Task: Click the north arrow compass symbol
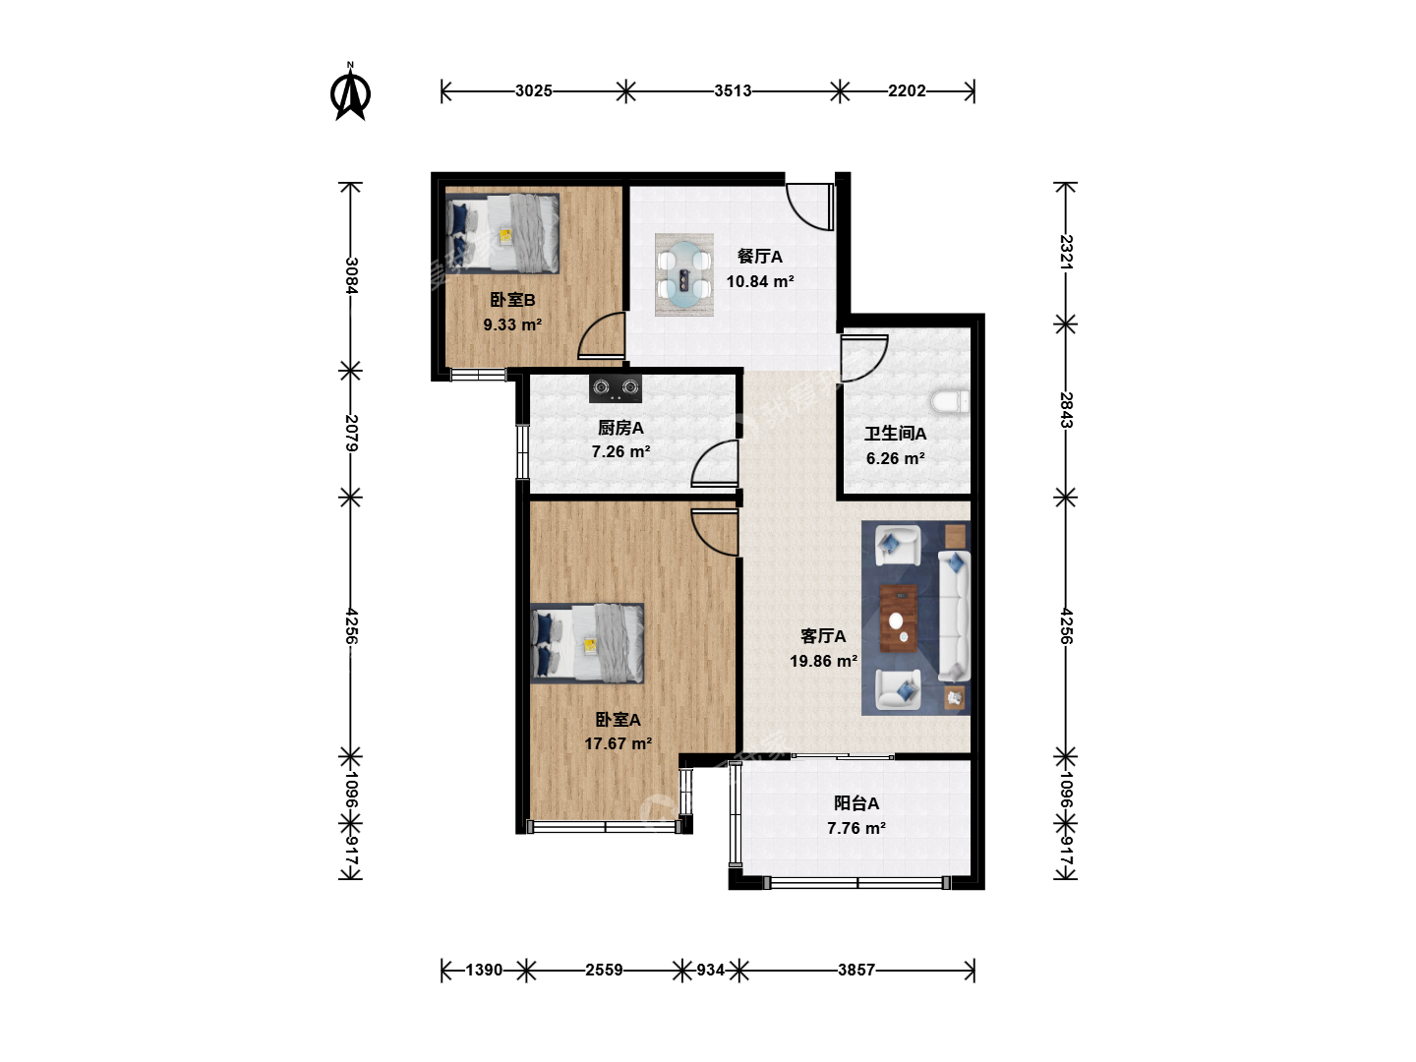350,91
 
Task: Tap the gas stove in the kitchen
615,386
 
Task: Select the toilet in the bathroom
950,401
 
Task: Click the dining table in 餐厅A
683,274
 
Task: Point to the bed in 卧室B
502,233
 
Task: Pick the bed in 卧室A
587,643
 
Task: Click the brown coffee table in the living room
899,619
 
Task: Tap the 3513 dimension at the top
733,90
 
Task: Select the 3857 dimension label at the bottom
856,970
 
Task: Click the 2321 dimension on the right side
1066,252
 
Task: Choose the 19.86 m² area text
823,661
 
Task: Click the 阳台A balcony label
856,802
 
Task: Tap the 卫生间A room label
895,434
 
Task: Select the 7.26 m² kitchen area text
620,451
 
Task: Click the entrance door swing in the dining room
809,206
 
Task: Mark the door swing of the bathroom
864,358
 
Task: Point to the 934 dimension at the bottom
710,970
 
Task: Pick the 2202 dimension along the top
907,90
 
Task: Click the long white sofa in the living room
954,616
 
